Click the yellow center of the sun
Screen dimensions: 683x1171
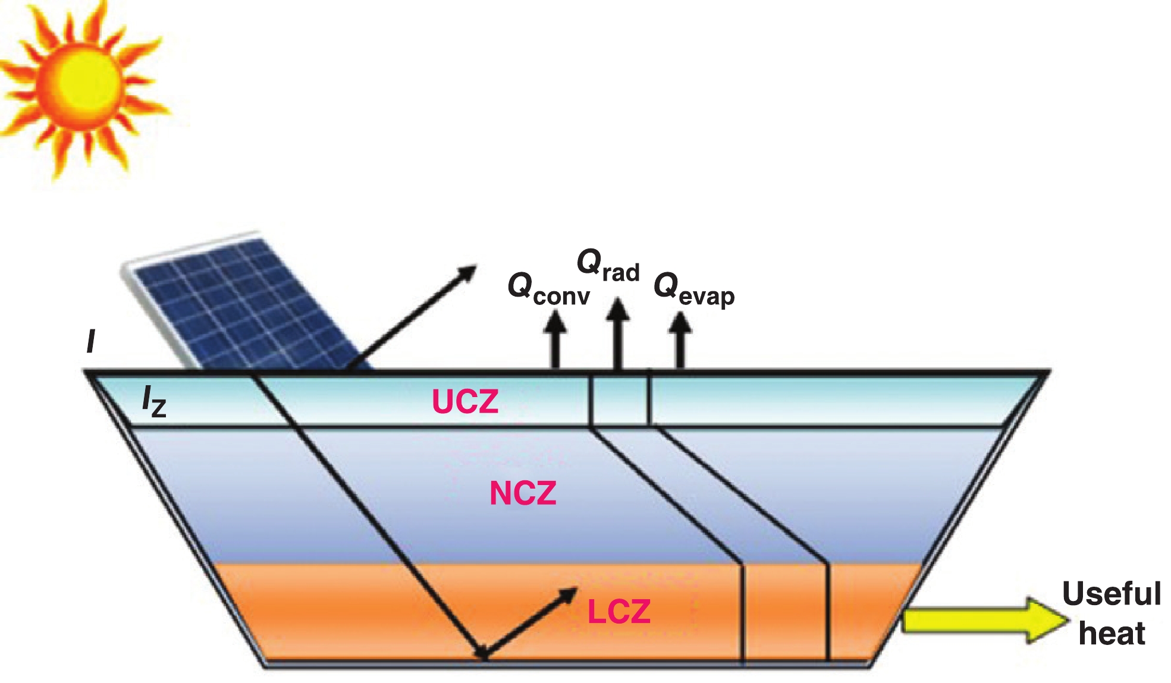(80, 83)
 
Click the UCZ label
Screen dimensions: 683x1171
(464, 402)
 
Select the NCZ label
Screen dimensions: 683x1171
(523, 493)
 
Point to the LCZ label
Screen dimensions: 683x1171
(619, 612)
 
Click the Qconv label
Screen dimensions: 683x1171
(548, 289)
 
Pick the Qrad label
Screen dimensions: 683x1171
(608, 266)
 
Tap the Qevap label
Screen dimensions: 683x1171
(693, 290)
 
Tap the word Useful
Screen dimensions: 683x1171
(1111, 594)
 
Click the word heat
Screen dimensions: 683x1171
(1111, 634)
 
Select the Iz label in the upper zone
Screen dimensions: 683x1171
(153, 401)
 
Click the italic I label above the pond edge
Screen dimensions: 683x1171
(90, 342)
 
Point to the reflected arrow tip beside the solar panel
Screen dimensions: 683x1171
(470, 270)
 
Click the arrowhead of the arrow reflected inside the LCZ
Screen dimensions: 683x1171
(571, 593)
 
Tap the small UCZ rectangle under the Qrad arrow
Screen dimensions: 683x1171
(620, 398)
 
